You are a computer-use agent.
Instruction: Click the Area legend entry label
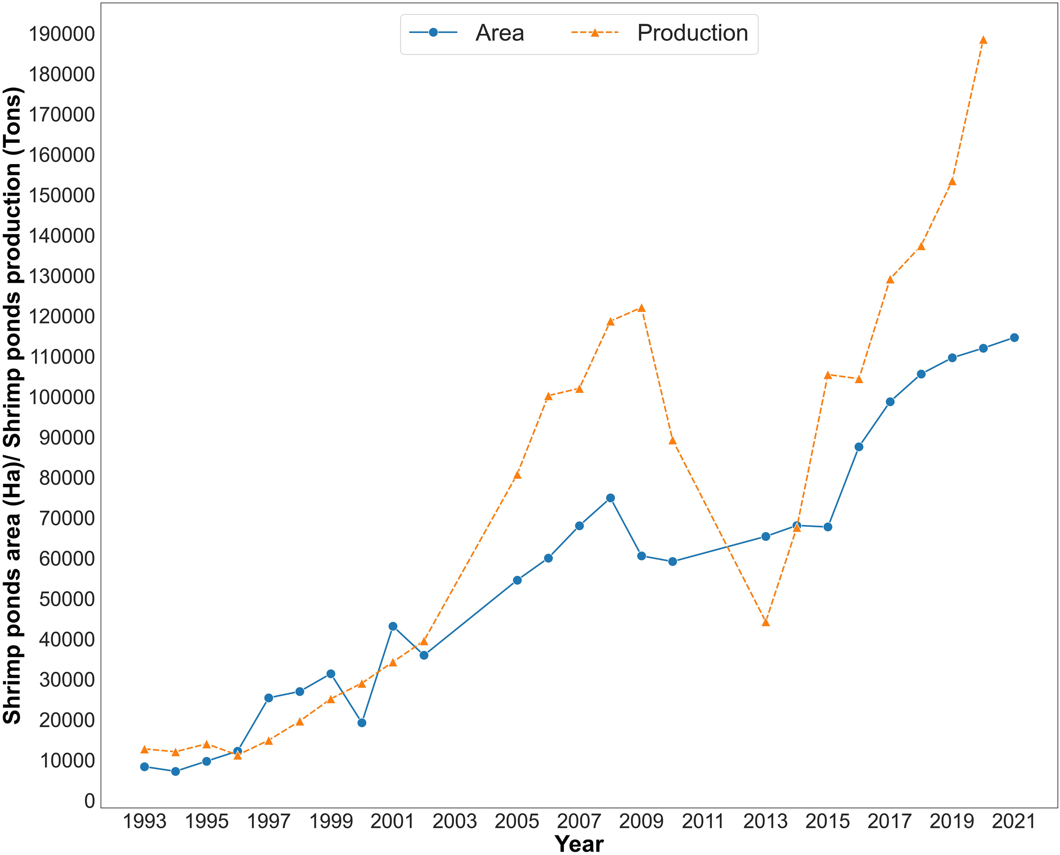(x=499, y=33)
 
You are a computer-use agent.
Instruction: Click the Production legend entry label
(x=692, y=33)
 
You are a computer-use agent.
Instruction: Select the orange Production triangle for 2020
(x=983, y=40)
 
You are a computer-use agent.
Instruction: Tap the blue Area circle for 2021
(x=1014, y=337)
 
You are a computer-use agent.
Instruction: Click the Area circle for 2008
(x=610, y=498)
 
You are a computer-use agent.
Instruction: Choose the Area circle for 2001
(x=393, y=627)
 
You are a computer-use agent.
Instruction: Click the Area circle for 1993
(x=144, y=767)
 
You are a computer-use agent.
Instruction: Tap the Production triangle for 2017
(x=890, y=280)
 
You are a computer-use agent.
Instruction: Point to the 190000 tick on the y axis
(x=61, y=34)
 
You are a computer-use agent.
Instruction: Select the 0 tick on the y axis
(x=89, y=801)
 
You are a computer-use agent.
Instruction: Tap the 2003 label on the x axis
(x=455, y=822)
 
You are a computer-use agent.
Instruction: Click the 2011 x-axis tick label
(x=703, y=822)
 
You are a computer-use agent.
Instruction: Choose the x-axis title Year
(x=579, y=844)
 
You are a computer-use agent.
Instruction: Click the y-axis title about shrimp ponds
(x=13, y=405)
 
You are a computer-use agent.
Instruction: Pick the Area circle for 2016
(x=859, y=447)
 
